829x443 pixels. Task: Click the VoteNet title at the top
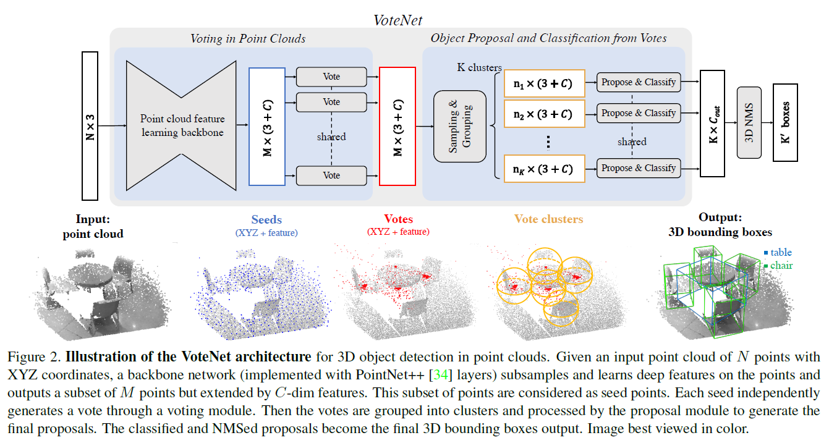(397, 20)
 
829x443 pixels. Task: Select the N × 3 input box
(90, 126)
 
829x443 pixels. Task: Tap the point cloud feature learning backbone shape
(182, 124)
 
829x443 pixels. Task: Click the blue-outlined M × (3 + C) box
(267, 126)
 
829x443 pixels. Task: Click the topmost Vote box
(331, 77)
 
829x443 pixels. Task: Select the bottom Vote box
(331, 175)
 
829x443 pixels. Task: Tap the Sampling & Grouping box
(460, 127)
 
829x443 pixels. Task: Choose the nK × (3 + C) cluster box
(544, 169)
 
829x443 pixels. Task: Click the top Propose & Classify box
(639, 82)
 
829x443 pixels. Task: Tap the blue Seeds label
(266, 220)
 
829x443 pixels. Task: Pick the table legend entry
(777, 252)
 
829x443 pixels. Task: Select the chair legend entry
(778, 265)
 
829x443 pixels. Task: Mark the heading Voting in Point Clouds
(247, 38)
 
